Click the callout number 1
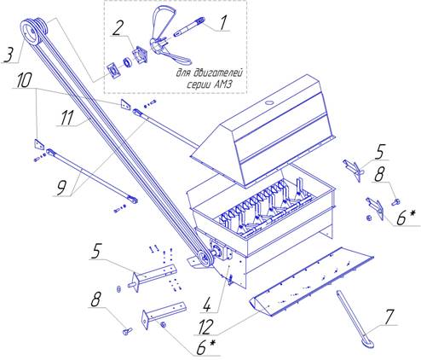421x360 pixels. tap(223, 22)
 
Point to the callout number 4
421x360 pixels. tap(207, 304)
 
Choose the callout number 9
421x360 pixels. tap(61, 188)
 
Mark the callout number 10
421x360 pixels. tap(24, 80)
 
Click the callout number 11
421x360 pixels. tap(66, 118)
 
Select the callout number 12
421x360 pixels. tap(205, 327)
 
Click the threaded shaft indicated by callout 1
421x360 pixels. tap(188, 26)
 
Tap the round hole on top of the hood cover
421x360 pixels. tap(268, 102)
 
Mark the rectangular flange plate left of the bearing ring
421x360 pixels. tap(114, 71)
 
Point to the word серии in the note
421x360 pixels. tap(199, 85)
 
